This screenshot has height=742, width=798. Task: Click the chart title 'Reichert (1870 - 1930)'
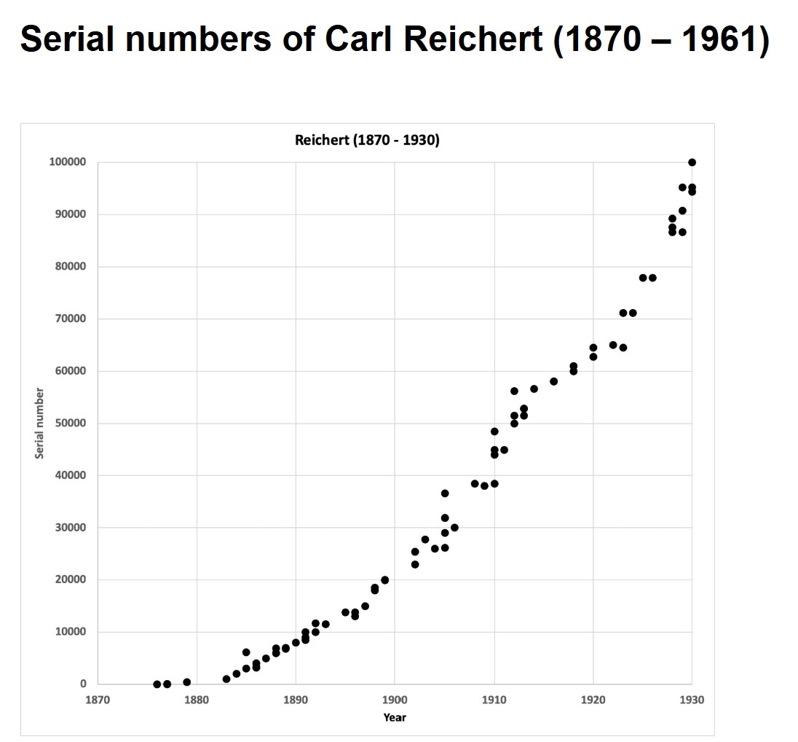[x=367, y=140]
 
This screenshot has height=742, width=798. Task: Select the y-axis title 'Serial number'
[x=40, y=423]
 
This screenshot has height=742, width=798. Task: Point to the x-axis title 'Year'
[x=395, y=717]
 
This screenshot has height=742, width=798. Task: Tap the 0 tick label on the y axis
[x=83, y=684]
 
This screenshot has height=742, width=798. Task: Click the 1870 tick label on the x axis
[x=98, y=700]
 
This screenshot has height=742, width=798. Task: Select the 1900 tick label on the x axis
[x=395, y=700]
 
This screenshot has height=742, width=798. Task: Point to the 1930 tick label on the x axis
[x=692, y=700]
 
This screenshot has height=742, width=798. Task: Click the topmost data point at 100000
[x=692, y=163]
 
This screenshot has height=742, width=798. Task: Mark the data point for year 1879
[x=187, y=682]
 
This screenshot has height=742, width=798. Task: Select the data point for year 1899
[x=385, y=580]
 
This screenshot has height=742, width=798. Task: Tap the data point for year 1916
[x=553, y=381]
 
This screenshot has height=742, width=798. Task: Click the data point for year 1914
[x=534, y=388]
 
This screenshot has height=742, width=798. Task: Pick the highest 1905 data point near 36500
[x=445, y=493]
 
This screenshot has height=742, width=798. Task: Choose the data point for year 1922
[x=613, y=345]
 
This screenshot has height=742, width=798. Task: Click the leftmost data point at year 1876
[x=157, y=684]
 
